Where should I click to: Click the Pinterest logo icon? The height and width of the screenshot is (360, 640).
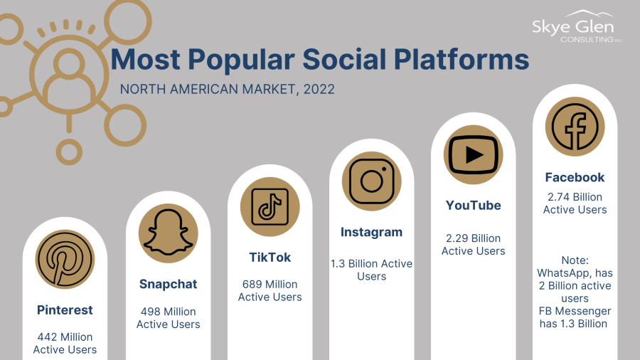[65, 259]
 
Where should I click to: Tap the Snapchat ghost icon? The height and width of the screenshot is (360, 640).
[168, 233]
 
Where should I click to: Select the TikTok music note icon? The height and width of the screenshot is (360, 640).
[270, 207]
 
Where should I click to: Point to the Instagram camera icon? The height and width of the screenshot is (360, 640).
[371, 181]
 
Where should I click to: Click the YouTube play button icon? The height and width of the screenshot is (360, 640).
[474, 154]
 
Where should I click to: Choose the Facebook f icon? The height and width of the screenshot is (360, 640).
[575, 127]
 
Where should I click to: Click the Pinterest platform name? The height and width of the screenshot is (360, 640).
[65, 309]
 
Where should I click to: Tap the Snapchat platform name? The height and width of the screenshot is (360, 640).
[168, 284]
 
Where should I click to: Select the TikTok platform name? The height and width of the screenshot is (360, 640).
[270, 257]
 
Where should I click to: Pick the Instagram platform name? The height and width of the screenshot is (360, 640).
[371, 232]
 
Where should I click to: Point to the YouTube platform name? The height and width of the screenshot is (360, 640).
[474, 206]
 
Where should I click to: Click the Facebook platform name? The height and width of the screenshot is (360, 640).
[575, 177]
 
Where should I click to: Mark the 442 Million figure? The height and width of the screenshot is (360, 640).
[65, 337]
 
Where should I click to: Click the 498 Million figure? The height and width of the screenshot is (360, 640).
[168, 312]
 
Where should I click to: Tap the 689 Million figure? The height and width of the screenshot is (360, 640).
[270, 284]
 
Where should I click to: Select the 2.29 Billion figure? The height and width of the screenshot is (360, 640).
[474, 238]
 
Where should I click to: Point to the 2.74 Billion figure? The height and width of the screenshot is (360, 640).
[575, 197]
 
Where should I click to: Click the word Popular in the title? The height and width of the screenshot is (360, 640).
[241, 60]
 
